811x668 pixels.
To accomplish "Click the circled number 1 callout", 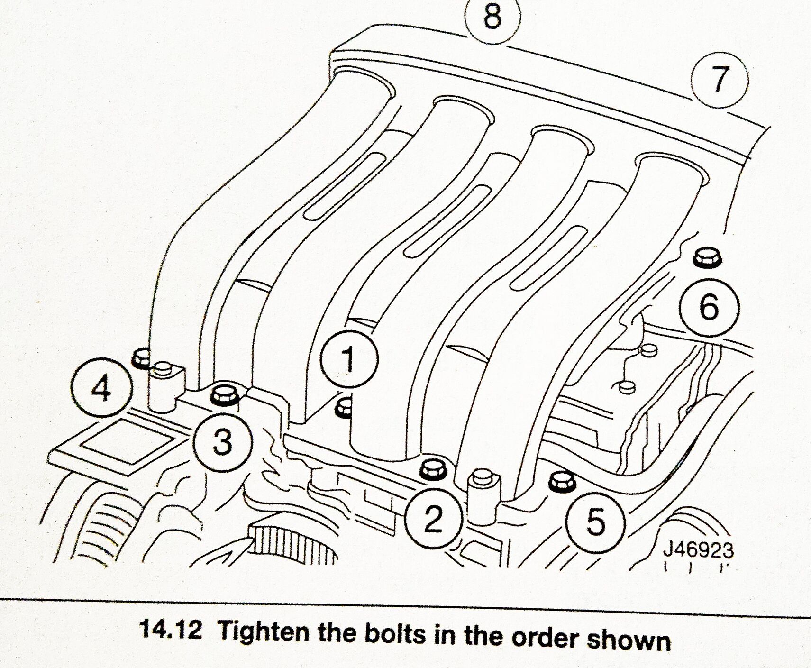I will point(348,359).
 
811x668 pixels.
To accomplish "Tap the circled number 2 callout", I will point(433,518).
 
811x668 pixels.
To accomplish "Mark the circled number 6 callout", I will point(709,307).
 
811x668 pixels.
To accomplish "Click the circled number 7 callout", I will point(719,79).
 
